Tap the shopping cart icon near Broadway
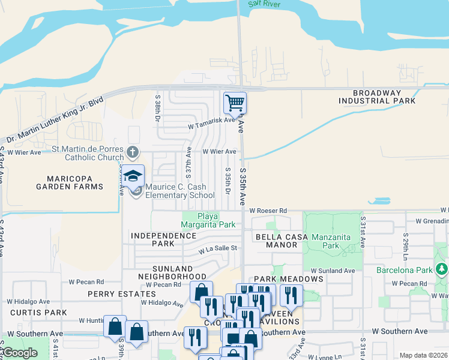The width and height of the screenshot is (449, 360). (235, 103)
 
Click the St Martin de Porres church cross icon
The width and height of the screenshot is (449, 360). (133, 152)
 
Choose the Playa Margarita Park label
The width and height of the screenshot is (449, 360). (209, 220)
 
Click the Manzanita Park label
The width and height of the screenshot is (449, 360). (331, 241)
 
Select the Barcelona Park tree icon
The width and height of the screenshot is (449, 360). (442, 268)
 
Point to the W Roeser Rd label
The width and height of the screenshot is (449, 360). (268, 211)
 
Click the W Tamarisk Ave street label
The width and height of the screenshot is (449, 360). (211, 120)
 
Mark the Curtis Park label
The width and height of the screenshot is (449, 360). (41, 313)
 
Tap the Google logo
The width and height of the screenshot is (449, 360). (20, 353)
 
